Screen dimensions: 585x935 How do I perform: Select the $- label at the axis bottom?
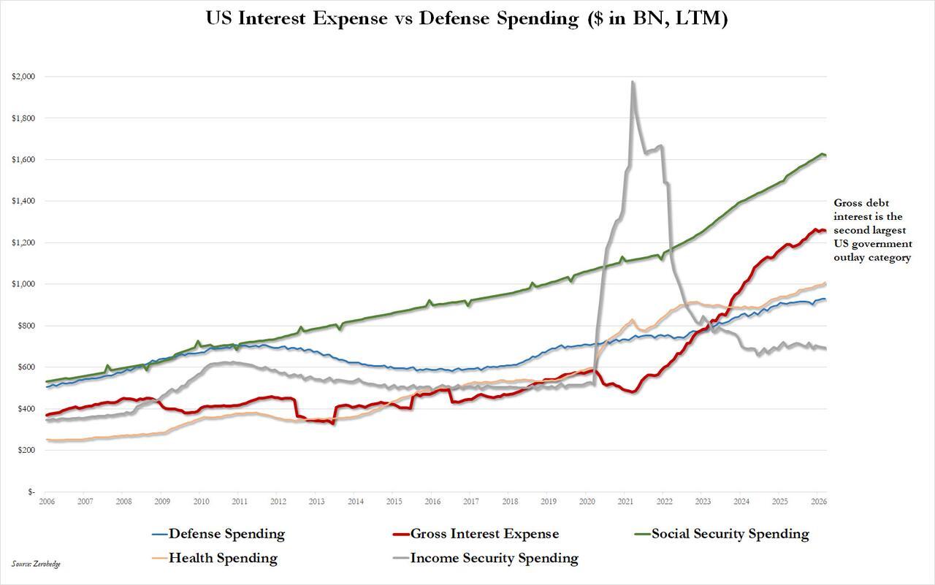pos(31,492)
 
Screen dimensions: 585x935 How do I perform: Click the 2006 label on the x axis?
pos(47,502)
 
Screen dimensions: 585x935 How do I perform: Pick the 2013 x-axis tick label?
pos(316,502)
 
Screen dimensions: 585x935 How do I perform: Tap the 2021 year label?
pos(625,502)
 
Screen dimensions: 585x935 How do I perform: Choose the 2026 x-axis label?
pos(818,502)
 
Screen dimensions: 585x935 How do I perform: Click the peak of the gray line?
pos(633,82)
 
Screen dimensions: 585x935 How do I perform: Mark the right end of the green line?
pos(825,156)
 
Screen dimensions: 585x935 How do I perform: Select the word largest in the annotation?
pos(892,230)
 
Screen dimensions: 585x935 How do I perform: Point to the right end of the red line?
pos(825,232)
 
